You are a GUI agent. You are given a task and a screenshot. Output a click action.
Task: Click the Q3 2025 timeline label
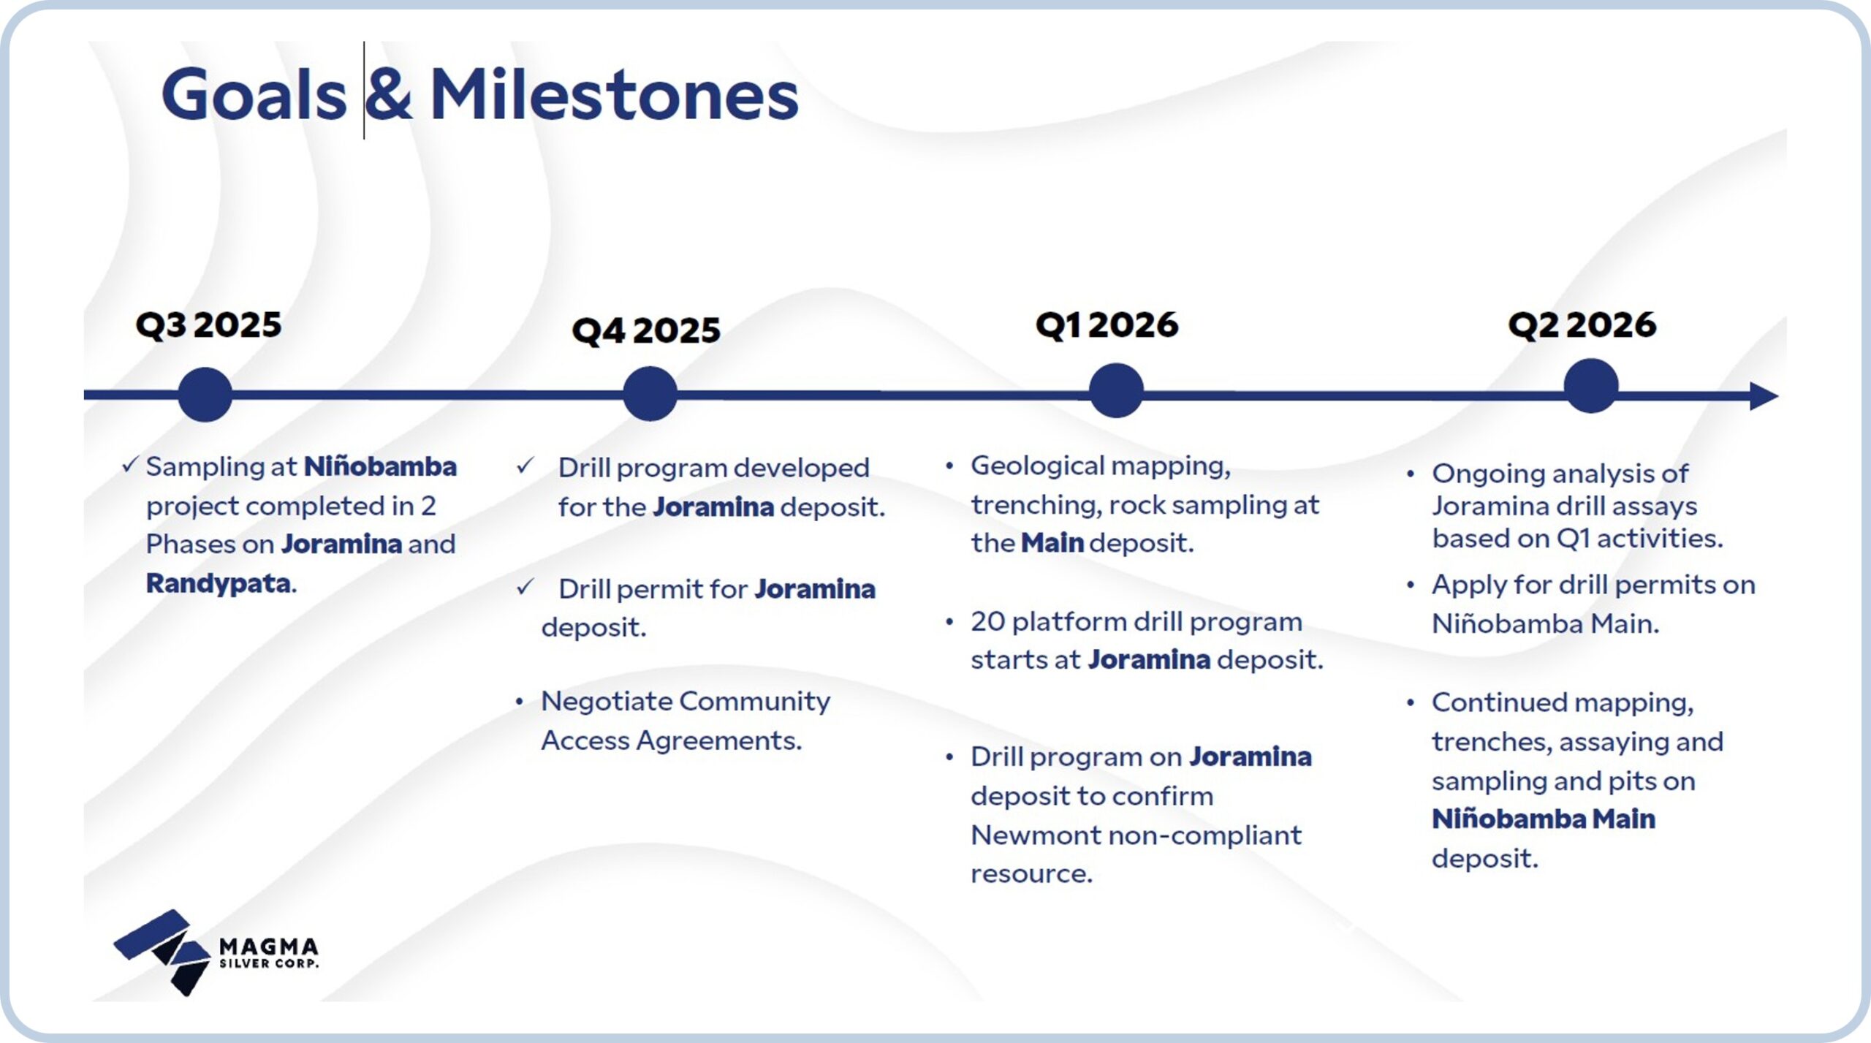tap(208, 325)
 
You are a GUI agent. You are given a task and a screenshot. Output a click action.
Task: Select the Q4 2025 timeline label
tap(646, 330)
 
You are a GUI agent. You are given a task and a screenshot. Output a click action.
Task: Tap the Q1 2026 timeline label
tap(1107, 325)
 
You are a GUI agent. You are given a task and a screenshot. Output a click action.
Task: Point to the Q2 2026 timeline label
tap(1582, 325)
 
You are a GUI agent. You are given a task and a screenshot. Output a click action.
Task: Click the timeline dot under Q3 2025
tap(205, 394)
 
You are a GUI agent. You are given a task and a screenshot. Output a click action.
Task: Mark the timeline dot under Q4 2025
tap(650, 393)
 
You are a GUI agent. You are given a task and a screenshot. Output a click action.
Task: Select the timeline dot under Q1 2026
tap(1116, 390)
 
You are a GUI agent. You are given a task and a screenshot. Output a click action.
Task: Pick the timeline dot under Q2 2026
tap(1591, 386)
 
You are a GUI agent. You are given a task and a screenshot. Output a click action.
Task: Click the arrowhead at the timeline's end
tap(1764, 396)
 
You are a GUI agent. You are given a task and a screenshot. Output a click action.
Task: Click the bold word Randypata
tap(219, 583)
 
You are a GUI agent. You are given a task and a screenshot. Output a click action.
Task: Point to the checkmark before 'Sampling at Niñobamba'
tap(130, 464)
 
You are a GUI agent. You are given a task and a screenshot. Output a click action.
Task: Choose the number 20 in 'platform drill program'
tap(987, 622)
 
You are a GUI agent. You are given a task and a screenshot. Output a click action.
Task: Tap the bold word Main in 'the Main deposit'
tap(1052, 543)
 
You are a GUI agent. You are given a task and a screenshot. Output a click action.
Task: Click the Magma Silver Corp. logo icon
tap(162, 952)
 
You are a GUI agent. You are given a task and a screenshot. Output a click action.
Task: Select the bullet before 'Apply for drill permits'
tap(1411, 585)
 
